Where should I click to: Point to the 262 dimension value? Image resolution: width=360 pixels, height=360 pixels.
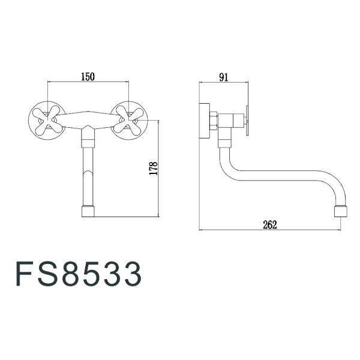point(269,224)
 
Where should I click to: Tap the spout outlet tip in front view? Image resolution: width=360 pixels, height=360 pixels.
point(88,212)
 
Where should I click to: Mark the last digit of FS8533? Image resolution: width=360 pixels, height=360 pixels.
point(132,274)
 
